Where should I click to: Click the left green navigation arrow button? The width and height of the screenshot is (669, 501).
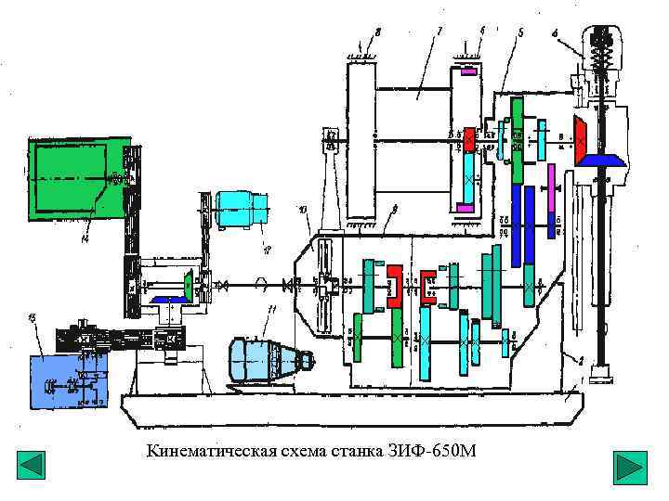click(32, 466)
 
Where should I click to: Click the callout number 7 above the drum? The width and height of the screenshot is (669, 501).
click(438, 33)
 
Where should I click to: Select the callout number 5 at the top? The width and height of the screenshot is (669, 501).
click(520, 33)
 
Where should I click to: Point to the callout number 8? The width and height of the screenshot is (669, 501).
click(377, 33)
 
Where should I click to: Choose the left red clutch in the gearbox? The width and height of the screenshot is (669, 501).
click(394, 286)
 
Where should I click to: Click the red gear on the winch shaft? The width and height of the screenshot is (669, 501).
click(469, 140)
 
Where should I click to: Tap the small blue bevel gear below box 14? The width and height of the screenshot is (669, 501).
click(172, 300)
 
